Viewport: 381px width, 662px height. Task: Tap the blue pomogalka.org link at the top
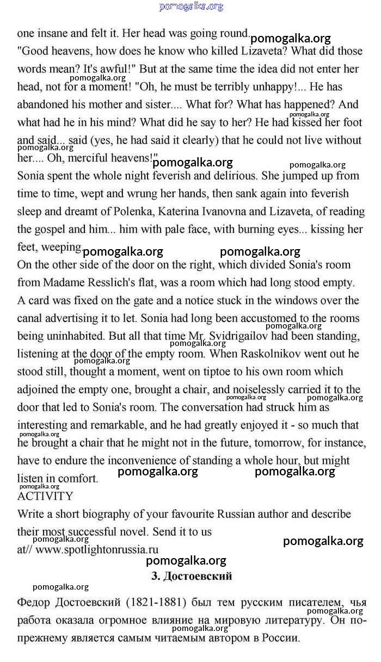[x=191, y=7]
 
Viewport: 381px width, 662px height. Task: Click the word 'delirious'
[x=233, y=176]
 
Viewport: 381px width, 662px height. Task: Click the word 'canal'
[x=30, y=318]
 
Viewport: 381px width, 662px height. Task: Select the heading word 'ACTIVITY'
[x=45, y=496]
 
